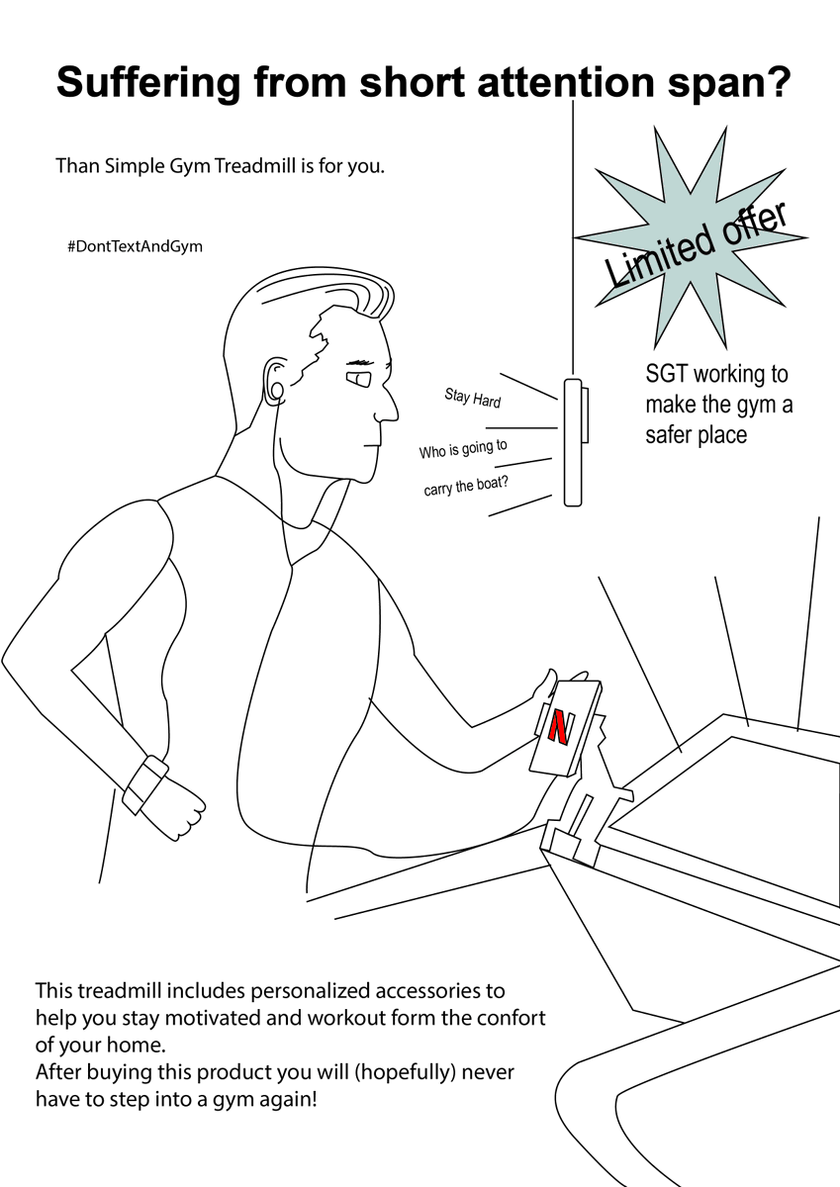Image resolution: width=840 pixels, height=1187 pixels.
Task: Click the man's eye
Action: pyautogui.click(x=358, y=378)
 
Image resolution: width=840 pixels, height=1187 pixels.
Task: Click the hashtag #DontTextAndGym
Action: pyautogui.click(x=135, y=246)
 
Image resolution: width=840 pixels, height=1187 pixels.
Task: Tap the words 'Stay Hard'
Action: pyautogui.click(x=472, y=399)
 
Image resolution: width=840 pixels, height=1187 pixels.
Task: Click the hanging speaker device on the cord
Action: pyautogui.click(x=572, y=441)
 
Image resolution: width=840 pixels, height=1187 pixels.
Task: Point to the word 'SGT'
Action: pyautogui.click(x=667, y=375)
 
